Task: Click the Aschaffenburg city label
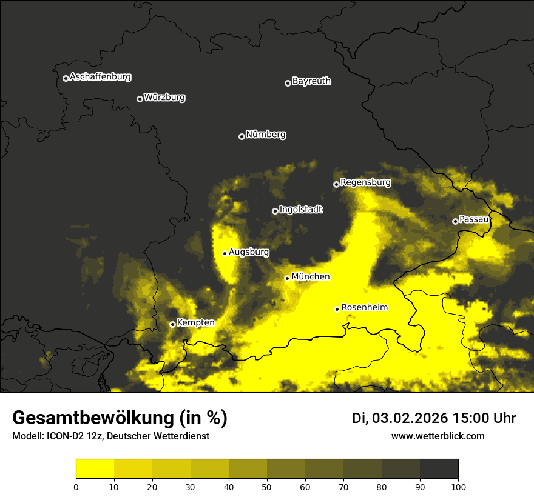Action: coord(100,77)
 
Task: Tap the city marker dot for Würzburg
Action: coord(140,99)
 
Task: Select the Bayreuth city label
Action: coord(311,81)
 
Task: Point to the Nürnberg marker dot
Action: coord(242,136)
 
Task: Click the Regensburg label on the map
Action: coord(365,182)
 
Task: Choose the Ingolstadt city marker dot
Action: coord(275,211)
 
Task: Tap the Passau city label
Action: coord(474,219)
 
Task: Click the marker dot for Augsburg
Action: coord(225,253)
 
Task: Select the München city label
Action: coord(311,276)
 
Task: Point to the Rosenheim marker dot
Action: coord(337,309)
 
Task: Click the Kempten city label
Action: coord(195,322)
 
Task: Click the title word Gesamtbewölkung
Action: coord(94,418)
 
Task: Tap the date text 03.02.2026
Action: coord(410,418)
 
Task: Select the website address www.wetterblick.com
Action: coord(438,436)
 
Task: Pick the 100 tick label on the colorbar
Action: coord(458,486)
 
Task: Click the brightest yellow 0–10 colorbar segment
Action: coord(95,469)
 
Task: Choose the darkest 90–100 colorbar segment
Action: coord(439,469)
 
